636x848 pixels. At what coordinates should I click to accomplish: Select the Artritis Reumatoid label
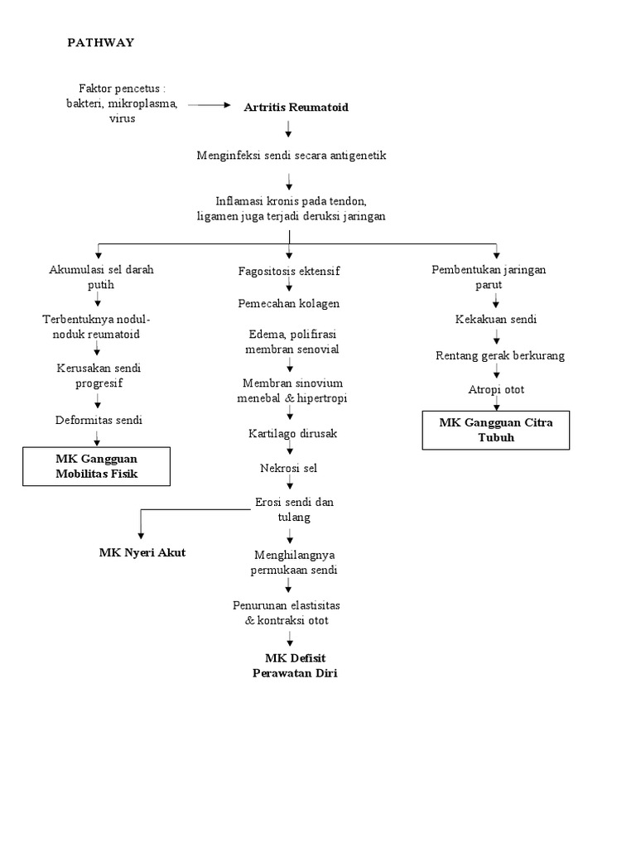click(x=296, y=108)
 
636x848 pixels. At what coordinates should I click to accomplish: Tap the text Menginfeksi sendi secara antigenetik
click(x=291, y=155)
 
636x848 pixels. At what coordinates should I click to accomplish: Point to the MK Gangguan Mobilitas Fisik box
click(x=98, y=465)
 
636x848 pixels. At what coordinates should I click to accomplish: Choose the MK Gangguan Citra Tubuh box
click(x=495, y=430)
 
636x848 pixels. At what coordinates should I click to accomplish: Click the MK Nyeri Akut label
click(x=142, y=552)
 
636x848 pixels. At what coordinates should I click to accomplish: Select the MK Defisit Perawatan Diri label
click(x=294, y=666)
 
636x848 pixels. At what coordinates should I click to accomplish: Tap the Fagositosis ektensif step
click(x=289, y=271)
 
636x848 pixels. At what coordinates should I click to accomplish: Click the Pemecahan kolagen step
click(x=289, y=303)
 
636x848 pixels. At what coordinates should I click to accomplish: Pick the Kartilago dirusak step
click(x=292, y=433)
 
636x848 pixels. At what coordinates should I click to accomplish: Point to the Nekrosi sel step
click(x=289, y=468)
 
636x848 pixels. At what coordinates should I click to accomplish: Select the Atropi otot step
click(x=495, y=389)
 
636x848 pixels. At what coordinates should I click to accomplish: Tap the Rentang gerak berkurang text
click(x=500, y=355)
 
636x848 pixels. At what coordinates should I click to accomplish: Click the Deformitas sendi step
click(x=99, y=420)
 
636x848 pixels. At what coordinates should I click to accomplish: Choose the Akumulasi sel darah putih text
click(x=101, y=277)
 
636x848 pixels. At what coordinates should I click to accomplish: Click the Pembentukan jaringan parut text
click(x=489, y=277)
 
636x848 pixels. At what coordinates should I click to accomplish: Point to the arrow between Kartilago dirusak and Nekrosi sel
click(x=289, y=450)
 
